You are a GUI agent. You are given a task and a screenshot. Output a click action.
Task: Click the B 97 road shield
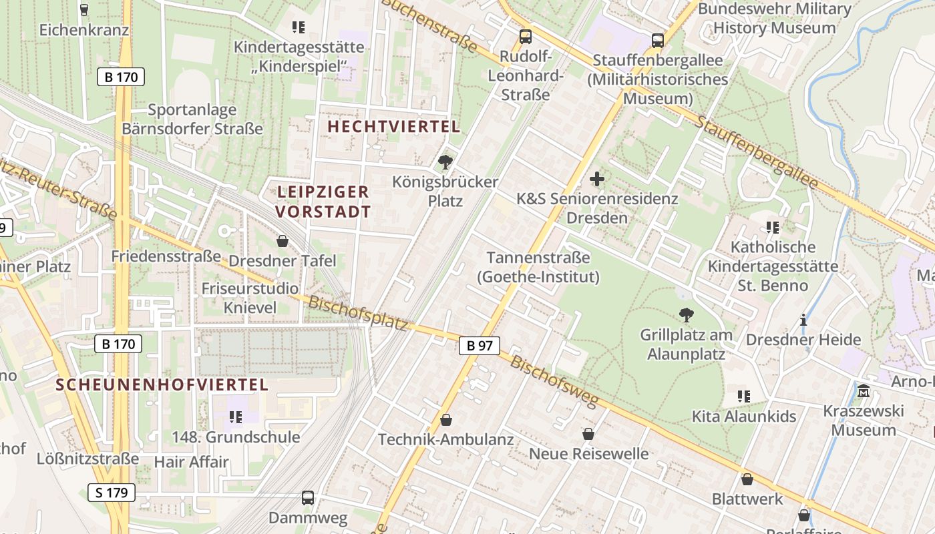[x=480, y=345]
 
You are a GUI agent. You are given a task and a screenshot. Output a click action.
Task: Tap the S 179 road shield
[x=112, y=493]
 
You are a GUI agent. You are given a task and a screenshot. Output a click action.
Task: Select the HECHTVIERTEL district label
[x=394, y=126]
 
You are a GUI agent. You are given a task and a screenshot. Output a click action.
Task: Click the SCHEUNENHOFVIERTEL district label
[x=162, y=384]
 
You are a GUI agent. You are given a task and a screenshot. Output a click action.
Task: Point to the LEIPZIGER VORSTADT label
[x=323, y=202]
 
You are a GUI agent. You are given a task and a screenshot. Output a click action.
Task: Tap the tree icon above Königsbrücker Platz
[x=445, y=162]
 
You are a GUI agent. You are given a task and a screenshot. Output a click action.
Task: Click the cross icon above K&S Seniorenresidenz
[x=597, y=179]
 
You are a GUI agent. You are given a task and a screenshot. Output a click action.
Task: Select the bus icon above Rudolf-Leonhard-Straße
[x=526, y=37]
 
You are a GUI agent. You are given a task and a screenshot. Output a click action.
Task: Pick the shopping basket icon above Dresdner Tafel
[x=283, y=241]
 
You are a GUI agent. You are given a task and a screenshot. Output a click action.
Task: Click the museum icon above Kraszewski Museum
[x=864, y=390]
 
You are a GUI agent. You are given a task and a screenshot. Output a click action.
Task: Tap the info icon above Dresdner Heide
[x=803, y=320]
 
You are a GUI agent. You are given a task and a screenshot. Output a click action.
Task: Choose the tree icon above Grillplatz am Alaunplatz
[x=686, y=315]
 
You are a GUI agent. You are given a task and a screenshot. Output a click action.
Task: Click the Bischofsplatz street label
[x=358, y=313]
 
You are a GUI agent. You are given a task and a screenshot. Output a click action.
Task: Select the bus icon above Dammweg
[x=308, y=498]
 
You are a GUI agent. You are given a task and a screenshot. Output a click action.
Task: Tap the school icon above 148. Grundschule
[x=235, y=417]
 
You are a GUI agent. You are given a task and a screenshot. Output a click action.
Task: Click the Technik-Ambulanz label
[x=446, y=439]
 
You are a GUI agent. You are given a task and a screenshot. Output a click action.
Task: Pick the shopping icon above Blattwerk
[x=747, y=479]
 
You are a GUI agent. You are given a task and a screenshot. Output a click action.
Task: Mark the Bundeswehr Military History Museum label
[x=775, y=19]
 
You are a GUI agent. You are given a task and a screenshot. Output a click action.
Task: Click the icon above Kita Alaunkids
[x=744, y=396]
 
